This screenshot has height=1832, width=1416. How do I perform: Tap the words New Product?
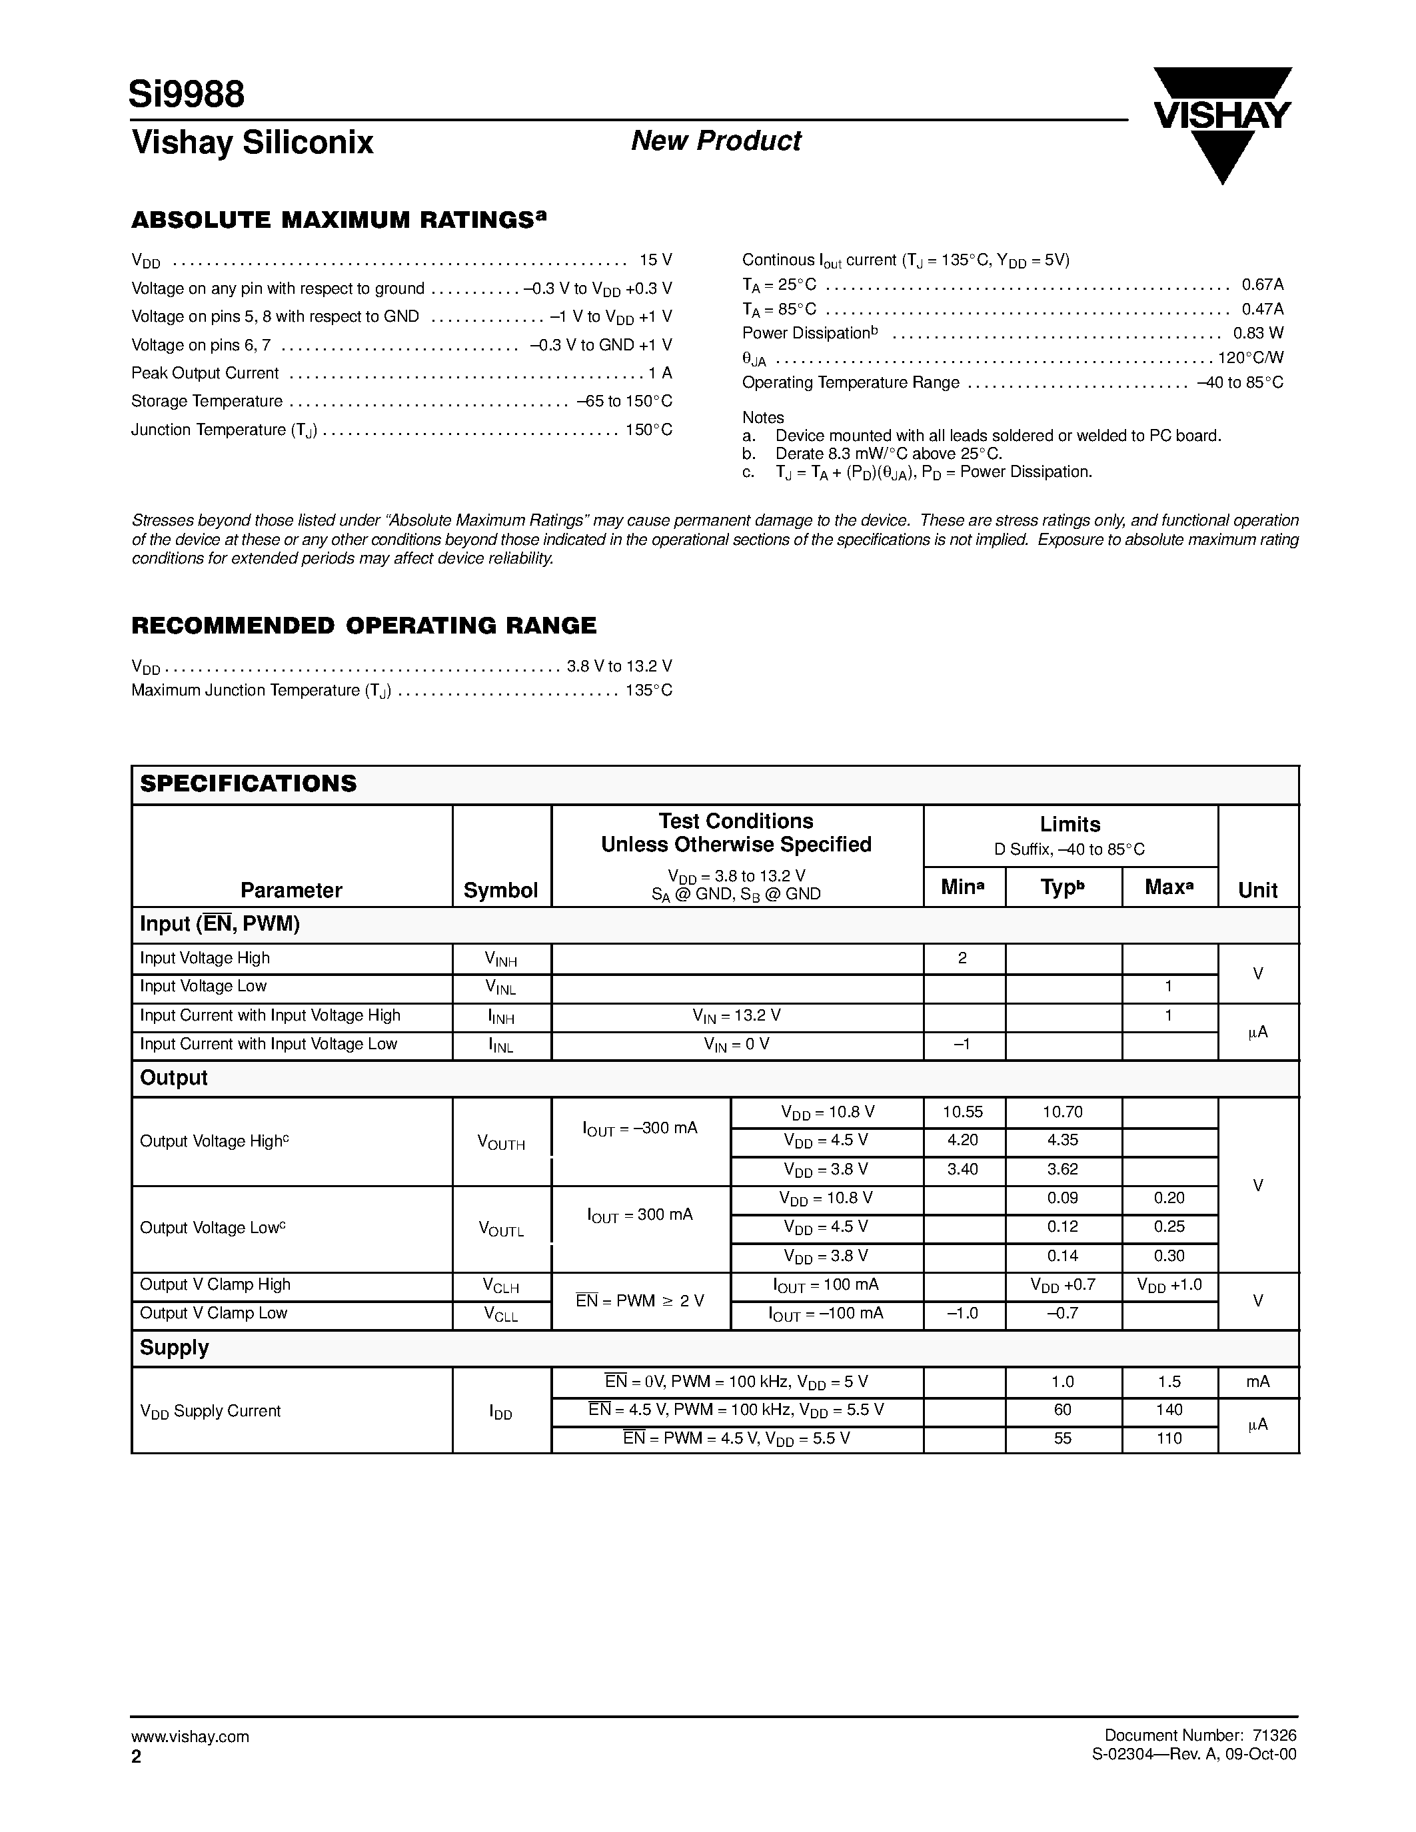point(716,141)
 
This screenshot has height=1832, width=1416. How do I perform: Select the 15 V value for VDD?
point(655,260)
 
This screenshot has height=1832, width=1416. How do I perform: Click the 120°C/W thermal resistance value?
point(1250,357)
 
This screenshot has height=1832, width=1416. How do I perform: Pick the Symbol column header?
point(501,890)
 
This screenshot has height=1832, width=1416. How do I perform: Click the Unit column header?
point(1257,890)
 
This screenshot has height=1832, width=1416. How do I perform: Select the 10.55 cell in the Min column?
point(962,1113)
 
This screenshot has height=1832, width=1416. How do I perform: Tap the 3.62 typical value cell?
point(1062,1169)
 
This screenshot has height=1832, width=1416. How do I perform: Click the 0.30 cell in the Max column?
point(1169,1256)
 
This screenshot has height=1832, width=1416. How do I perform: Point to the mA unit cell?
point(1257,1382)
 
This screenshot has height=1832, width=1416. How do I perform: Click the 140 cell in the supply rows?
point(1169,1410)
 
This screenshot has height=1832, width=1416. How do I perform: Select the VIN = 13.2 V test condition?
point(736,1016)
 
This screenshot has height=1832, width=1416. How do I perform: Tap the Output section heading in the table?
point(174,1078)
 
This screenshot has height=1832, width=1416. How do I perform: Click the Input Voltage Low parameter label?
point(203,987)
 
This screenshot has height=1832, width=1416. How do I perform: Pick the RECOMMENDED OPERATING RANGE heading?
point(364,626)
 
